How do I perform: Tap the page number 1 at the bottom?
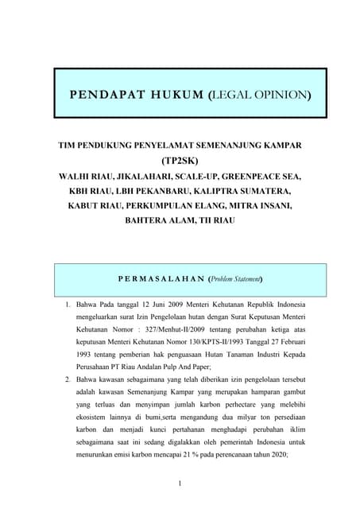[x=180, y=484]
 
